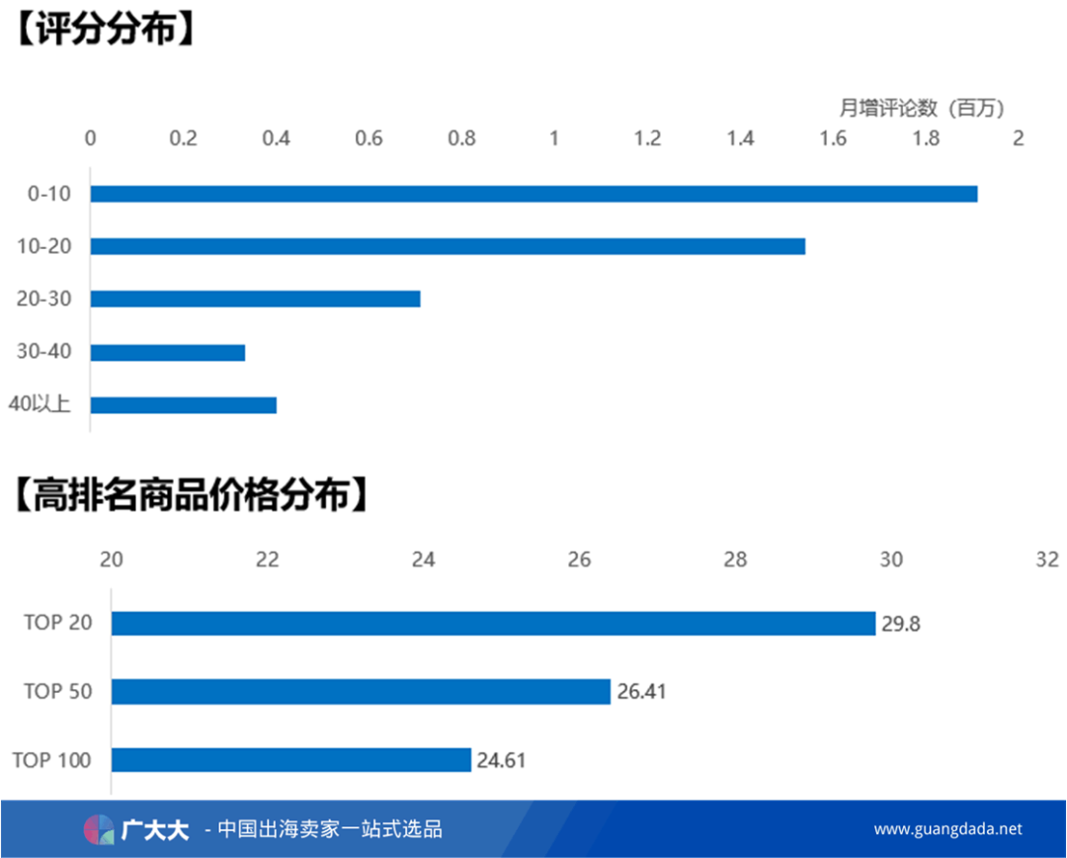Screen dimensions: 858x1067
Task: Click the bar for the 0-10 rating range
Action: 533,194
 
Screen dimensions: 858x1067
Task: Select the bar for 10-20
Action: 448,246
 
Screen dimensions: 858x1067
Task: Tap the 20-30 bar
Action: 255,299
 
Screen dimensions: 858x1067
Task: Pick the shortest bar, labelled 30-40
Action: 168,352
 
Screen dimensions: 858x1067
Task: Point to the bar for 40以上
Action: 184,404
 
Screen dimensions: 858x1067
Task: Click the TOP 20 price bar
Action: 493,624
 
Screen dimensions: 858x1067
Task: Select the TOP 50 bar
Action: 361,692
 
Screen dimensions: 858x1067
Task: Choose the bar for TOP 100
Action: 290,760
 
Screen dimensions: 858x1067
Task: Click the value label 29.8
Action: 900,624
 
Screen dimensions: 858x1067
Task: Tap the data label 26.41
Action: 641,692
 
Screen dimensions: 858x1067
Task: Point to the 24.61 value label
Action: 501,760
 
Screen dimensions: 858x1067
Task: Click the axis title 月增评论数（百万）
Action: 922,107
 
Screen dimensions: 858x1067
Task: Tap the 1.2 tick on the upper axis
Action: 647,138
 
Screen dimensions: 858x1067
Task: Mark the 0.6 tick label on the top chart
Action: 369,138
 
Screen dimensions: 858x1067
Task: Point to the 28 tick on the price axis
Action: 735,559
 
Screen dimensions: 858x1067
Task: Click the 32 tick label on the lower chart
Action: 1047,559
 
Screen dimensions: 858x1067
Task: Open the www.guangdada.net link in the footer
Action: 947,829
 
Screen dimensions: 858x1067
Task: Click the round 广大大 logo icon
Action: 99,829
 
